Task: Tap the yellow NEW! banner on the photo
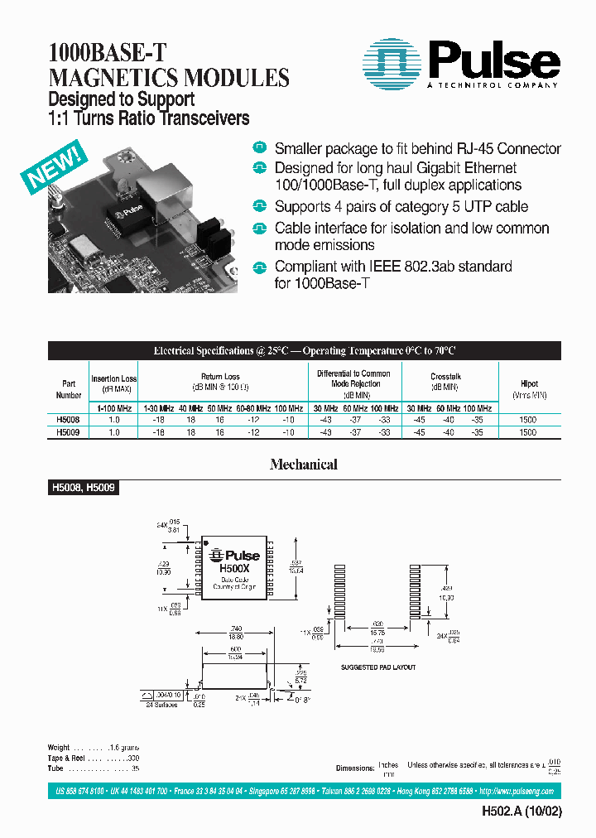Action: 52,168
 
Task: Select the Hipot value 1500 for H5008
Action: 528,420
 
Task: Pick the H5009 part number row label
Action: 68,432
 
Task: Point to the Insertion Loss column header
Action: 113,383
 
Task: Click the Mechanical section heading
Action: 303,465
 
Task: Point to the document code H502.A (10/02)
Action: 521,812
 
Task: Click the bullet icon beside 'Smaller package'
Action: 260,148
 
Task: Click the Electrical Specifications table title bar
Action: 304,350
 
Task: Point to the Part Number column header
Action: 68,389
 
